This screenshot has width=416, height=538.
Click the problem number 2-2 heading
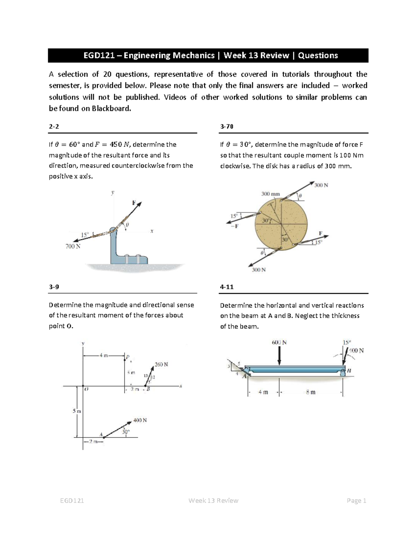click(54, 126)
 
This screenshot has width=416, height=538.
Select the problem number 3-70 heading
click(227, 126)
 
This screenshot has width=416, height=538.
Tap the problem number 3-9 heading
click(54, 287)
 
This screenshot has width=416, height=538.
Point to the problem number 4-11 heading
click(227, 287)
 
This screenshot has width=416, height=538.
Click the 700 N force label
click(73, 246)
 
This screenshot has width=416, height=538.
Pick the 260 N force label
click(161, 364)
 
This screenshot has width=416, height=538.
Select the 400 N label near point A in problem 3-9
click(140, 420)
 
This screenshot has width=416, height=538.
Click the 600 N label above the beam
click(279, 343)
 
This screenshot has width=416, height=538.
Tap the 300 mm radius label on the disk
click(270, 194)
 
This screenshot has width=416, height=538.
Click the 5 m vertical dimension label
click(77, 411)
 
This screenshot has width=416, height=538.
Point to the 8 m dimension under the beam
click(311, 393)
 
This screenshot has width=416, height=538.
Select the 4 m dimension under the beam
click(263, 393)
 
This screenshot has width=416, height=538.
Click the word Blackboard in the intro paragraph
click(111, 108)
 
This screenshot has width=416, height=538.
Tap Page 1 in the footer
click(356, 501)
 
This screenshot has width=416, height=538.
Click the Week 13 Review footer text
click(213, 501)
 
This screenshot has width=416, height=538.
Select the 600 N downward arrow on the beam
click(279, 355)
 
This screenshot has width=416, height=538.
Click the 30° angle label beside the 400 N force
click(126, 432)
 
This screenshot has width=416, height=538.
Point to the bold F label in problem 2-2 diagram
click(134, 203)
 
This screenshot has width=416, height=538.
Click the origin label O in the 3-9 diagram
click(86, 389)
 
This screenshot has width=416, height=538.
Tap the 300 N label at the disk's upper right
click(321, 185)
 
